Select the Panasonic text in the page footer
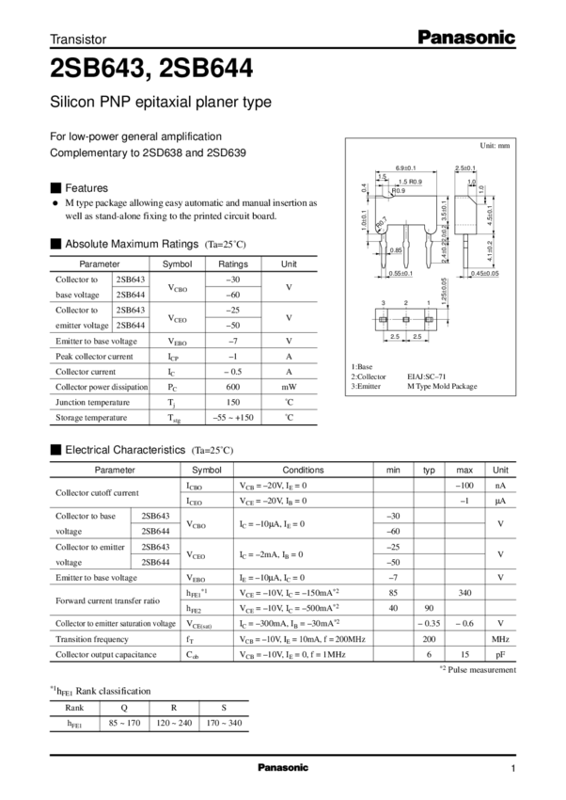point(283,768)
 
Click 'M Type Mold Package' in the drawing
point(442,386)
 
